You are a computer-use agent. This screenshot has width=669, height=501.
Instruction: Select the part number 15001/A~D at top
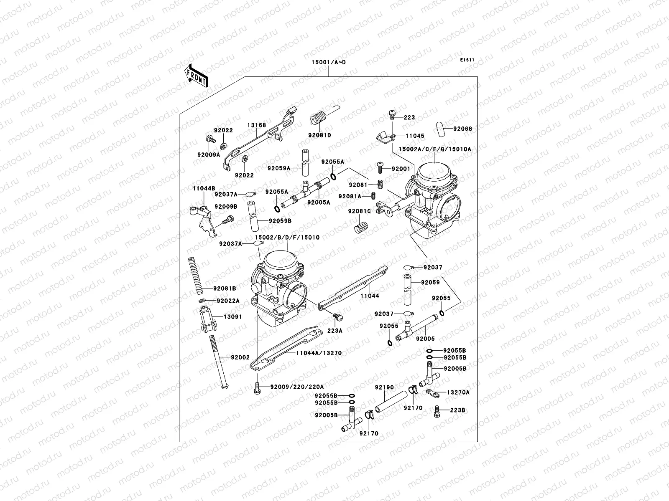click(x=328, y=63)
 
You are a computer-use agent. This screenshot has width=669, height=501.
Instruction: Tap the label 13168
click(x=256, y=125)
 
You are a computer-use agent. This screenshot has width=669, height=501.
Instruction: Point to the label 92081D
click(x=319, y=135)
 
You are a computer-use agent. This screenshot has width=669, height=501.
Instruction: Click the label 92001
click(x=401, y=169)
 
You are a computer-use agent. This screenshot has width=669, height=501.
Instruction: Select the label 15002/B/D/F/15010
click(x=287, y=238)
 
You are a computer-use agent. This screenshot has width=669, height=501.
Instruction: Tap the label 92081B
click(x=225, y=288)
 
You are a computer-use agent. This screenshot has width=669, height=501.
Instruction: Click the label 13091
click(x=232, y=317)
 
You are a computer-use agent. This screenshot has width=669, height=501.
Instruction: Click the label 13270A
click(x=458, y=392)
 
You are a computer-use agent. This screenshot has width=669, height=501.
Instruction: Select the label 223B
click(x=457, y=410)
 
